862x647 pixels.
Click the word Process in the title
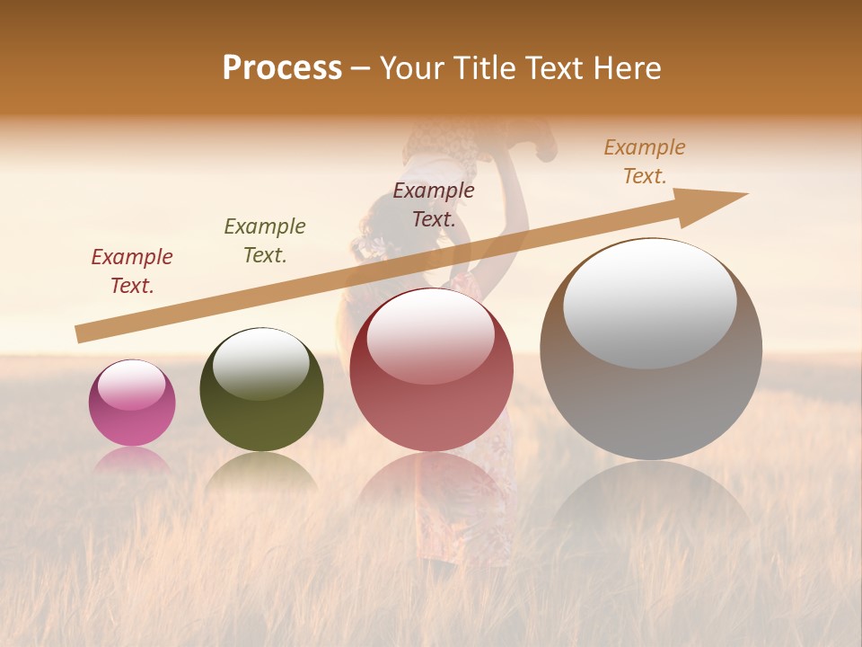tap(282, 68)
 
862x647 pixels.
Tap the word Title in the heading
tap(482, 68)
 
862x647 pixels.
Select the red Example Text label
tap(132, 271)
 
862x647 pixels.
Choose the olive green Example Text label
tap(265, 241)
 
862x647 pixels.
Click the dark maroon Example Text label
tap(434, 205)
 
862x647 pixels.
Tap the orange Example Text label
tap(645, 162)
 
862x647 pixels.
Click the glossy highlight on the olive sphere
tap(260, 364)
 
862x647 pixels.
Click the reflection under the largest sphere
tap(651, 503)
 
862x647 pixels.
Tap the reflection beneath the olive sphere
tap(260, 472)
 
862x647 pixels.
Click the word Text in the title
tap(556, 68)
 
